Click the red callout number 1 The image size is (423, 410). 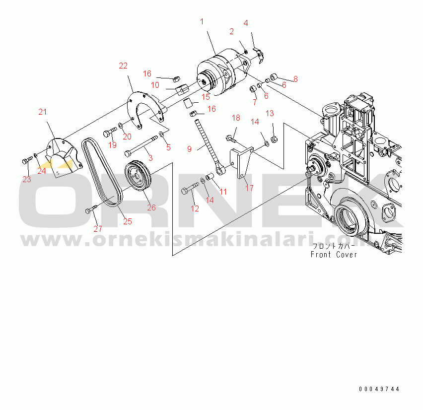click(x=202, y=21)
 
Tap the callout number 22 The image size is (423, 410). click(x=123, y=66)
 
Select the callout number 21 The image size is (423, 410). click(x=42, y=112)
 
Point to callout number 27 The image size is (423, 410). click(x=98, y=229)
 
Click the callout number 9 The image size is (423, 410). click(x=189, y=149)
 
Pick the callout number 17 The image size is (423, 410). click(x=249, y=188)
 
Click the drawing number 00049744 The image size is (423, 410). click(x=379, y=389)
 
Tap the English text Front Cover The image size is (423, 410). click(x=334, y=255)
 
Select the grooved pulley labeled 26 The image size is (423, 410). click(x=138, y=175)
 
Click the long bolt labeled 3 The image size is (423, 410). click(x=141, y=146)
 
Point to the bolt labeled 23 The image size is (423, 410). click(x=27, y=160)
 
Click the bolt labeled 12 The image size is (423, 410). click(x=190, y=188)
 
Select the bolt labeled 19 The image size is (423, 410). click(x=110, y=132)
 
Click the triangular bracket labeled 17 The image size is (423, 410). click(x=241, y=163)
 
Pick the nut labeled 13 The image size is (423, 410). click(x=275, y=139)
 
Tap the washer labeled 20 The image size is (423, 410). click(x=120, y=126)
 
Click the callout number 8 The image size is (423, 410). click(x=295, y=79)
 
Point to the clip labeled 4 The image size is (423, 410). click(x=259, y=55)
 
